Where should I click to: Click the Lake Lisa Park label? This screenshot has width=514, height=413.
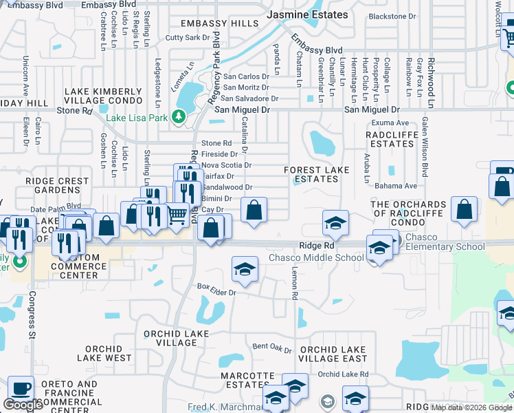point(138,117)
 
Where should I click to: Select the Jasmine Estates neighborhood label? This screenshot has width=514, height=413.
point(306,14)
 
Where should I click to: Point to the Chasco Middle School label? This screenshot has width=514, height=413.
point(316,258)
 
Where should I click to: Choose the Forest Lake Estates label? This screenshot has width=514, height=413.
point(312,174)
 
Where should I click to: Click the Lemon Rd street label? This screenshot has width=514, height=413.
point(294,284)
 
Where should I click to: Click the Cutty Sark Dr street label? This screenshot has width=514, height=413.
point(188,38)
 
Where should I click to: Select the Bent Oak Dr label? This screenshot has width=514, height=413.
point(272,347)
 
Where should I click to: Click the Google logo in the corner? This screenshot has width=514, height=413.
point(23,405)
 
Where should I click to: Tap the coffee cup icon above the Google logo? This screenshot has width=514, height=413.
point(20,388)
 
